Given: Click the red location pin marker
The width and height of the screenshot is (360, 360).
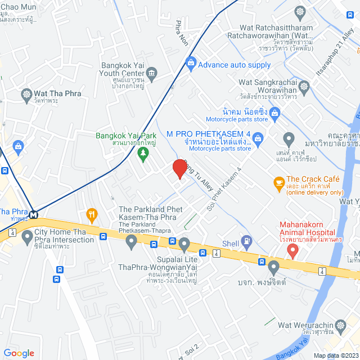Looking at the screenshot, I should coord(179,169).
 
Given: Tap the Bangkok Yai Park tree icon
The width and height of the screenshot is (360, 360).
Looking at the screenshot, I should coord(143,153).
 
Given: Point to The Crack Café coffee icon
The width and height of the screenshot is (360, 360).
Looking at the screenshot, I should coord(278,182).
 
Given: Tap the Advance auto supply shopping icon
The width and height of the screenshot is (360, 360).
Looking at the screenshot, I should coord(191,63).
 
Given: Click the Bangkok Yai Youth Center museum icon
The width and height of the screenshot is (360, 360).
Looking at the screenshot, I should coord(152,74).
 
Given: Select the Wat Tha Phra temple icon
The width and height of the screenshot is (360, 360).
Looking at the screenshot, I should coord(25,94).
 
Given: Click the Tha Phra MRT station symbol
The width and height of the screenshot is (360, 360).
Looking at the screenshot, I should coord(34,214).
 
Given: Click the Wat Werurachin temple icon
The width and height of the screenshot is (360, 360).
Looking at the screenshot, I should coord(340,326).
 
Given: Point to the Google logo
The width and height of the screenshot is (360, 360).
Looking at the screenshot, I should coord(19,353).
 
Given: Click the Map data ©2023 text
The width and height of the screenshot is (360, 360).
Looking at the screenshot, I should coord(335,355).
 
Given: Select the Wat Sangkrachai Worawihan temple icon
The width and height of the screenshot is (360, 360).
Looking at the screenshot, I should coord(304,87).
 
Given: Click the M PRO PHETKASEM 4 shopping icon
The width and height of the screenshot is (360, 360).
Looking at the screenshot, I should coord(258,137).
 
